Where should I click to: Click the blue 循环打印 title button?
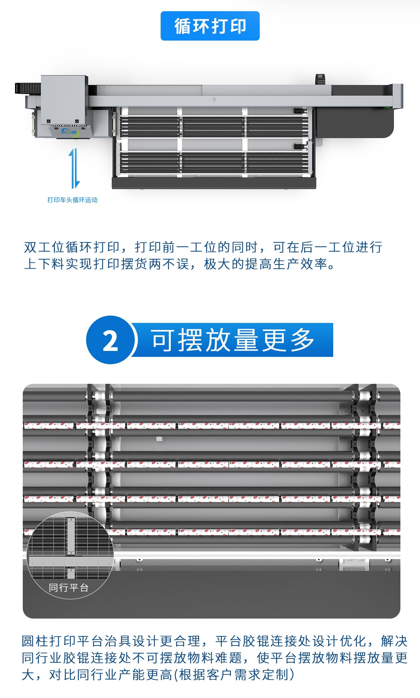tap(210, 26)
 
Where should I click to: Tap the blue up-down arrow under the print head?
tap(74, 168)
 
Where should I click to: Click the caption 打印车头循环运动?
tap(72, 200)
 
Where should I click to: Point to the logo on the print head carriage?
tap(69, 132)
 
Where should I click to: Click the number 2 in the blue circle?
tap(110, 340)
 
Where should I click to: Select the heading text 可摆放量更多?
tap(232, 340)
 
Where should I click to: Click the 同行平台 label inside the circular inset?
tap(69, 587)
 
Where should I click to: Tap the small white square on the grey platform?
tap(159, 439)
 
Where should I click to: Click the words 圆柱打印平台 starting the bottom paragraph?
tap(63, 641)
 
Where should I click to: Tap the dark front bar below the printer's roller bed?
tap(214, 183)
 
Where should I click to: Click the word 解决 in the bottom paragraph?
tap(394, 641)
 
